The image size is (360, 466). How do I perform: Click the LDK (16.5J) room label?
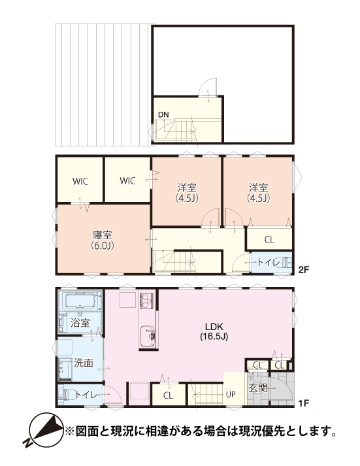pyautogui.click(x=214, y=331)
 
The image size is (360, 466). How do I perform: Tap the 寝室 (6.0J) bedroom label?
pyautogui.click(x=103, y=241)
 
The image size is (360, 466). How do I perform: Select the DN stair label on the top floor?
pyautogui.click(x=163, y=114)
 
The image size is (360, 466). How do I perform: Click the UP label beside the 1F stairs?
pyautogui.click(x=231, y=394)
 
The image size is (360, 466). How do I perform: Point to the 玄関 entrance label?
pyautogui.click(x=258, y=388)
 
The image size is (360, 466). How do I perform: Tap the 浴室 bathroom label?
pyautogui.click(x=80, y=323)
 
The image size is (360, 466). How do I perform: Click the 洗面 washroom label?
pyautogui.click(x=84, y=363)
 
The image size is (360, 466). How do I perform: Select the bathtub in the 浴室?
pyautogui.click(x=80, y=301)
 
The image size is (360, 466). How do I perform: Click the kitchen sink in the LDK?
pyautogui.click(x=148, y=336)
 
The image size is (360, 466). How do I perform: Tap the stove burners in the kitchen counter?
pyautogui.click(x=146, y=301)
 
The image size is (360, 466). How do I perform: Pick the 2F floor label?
pyautogui.click(x=304, y=269)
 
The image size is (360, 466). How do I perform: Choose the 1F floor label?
pyautogui.click(x=304, y=403)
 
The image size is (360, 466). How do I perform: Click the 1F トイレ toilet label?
pyautogui.click(x=86, y=395)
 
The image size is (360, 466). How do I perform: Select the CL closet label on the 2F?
pyautogui.click(x=269, y=240)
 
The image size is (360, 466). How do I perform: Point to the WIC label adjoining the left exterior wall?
pyautogui.click(x=80, y=181)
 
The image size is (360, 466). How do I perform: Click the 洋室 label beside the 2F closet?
pyautogui.click(x=259, y=193)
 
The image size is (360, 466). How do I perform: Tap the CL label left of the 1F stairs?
pyautogui.click(x=168, y=395)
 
